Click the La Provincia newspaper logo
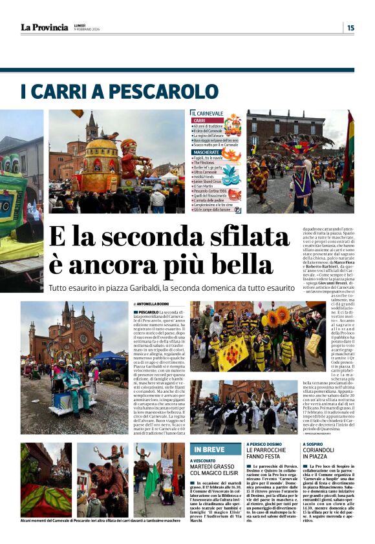click(x=44, y=27)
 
